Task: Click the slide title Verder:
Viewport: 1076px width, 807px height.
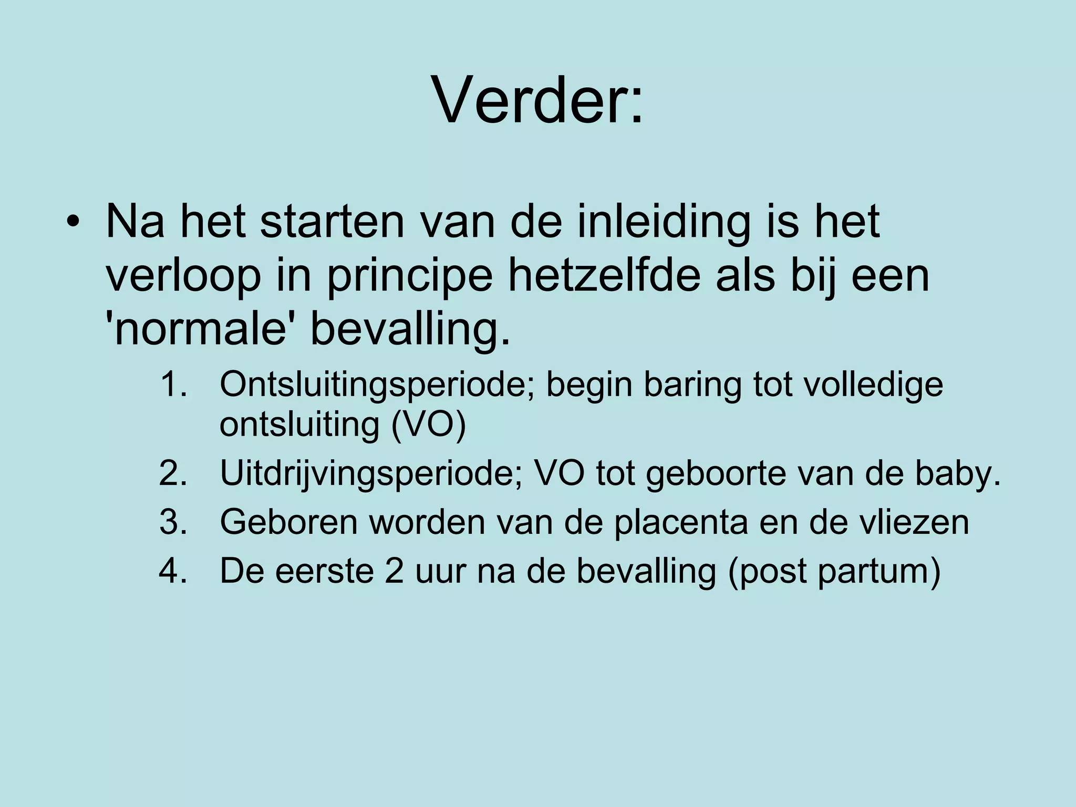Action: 537,100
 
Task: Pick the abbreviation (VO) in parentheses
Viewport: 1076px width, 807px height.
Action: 428,425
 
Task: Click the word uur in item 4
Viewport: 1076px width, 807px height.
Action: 440,572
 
